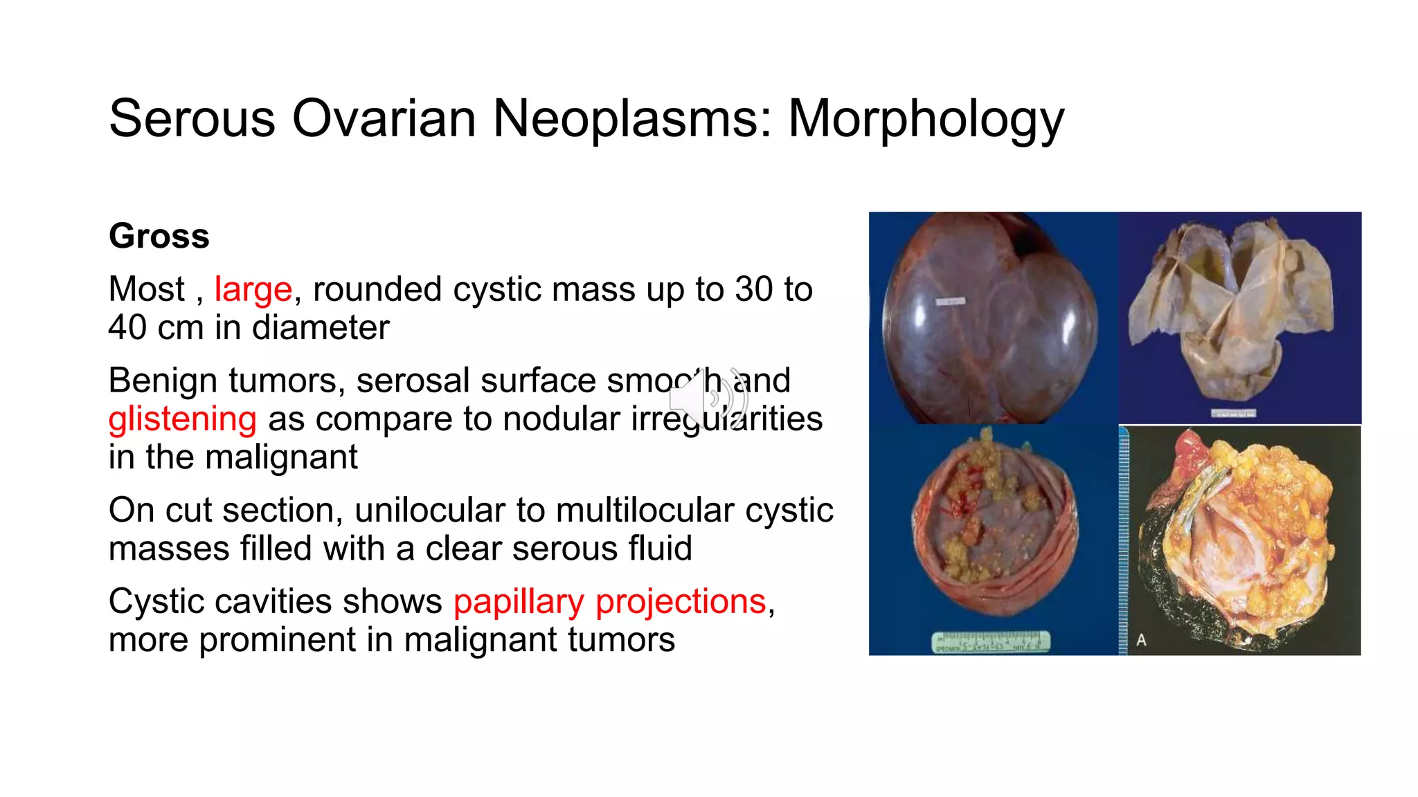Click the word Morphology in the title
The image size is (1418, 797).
click(x=926, y=119)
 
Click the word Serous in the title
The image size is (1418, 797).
click(x=192, y=119)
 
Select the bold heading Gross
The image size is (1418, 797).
click(x=159, y=236)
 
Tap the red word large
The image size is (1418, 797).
click(x=253, y=289)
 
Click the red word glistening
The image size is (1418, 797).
click(x=182, y=419)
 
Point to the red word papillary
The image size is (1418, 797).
click(x=519, y=601)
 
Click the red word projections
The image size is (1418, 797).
click(x=681, y=601)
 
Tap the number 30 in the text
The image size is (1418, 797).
click(x=754, y=289)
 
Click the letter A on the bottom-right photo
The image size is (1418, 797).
click(x=1141, y=640)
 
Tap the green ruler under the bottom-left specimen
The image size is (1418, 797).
click(x=990, y=642)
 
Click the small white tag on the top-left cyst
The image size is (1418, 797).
click(x=950, y=302)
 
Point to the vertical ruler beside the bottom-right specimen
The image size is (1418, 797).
click(x=1123, y=540)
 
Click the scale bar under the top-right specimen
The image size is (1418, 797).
click(x=1232, y=414)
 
